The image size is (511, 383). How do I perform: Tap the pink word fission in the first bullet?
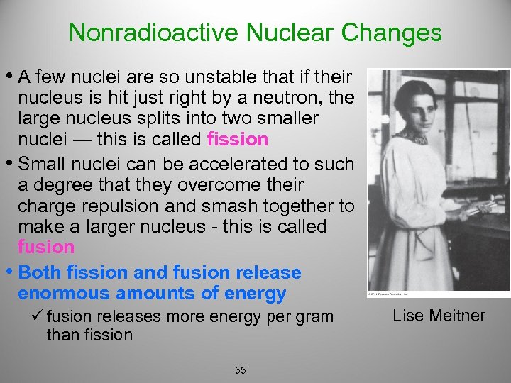coord(238,139)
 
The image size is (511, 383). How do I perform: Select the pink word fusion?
coord(46,248)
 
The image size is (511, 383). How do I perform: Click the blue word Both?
coord(40,272)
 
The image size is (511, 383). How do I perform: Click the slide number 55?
coord(241,370)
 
